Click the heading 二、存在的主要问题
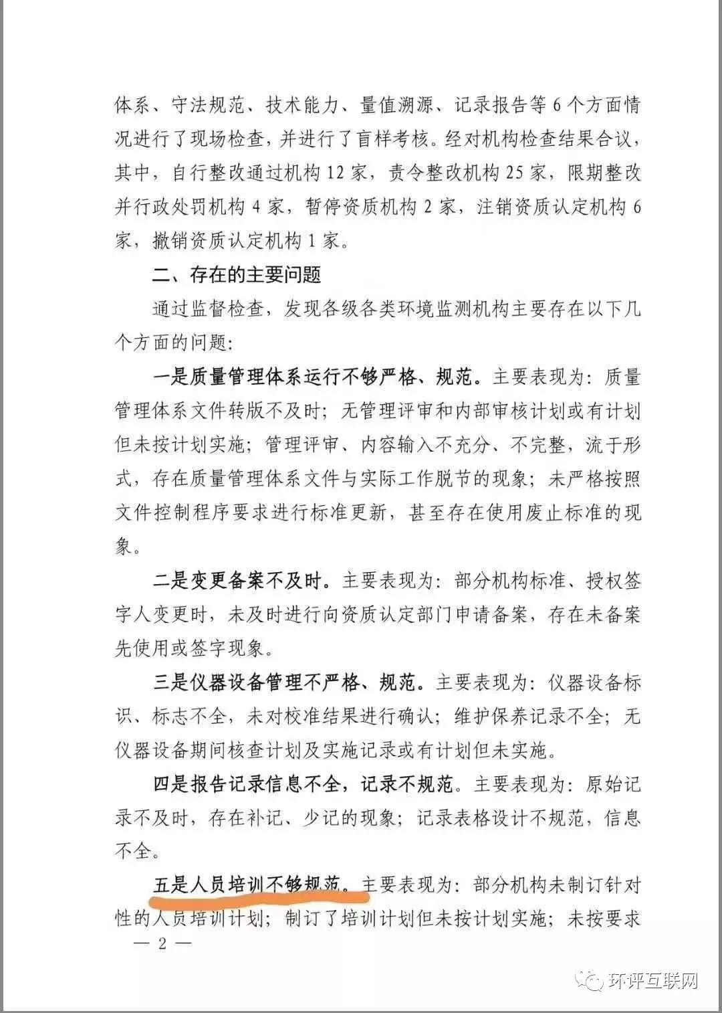click(x=237, y=275)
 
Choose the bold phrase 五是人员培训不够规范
click(x=247, y=885)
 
